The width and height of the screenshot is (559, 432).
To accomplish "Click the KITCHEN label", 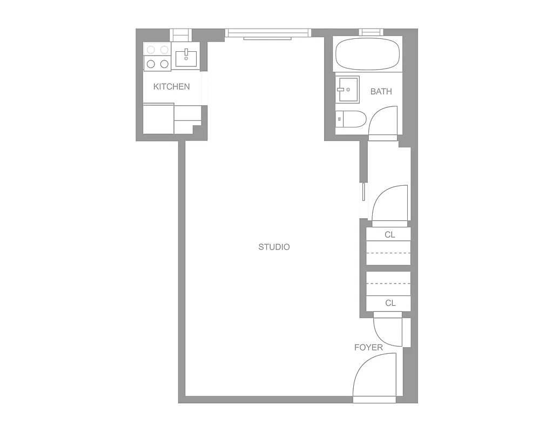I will coord(171,86).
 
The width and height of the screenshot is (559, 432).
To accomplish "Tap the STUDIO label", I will coord(274,247).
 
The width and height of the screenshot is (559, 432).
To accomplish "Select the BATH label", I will coord(381,91).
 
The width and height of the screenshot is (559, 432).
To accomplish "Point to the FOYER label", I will coord(368,347).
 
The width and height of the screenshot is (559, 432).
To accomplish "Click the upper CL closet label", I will coord(390,234).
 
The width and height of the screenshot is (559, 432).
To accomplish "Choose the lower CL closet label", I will coord(390,303).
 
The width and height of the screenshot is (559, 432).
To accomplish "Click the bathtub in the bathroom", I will coord(368,54).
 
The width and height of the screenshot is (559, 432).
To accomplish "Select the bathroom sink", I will coord(347,90).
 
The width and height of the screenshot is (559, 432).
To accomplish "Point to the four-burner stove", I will coord(157,57).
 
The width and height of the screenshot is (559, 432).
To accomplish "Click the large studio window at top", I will coord(268,33).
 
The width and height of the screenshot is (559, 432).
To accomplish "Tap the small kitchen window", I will coord(181,35).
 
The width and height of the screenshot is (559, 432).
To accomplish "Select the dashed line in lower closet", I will coord(388,283).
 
